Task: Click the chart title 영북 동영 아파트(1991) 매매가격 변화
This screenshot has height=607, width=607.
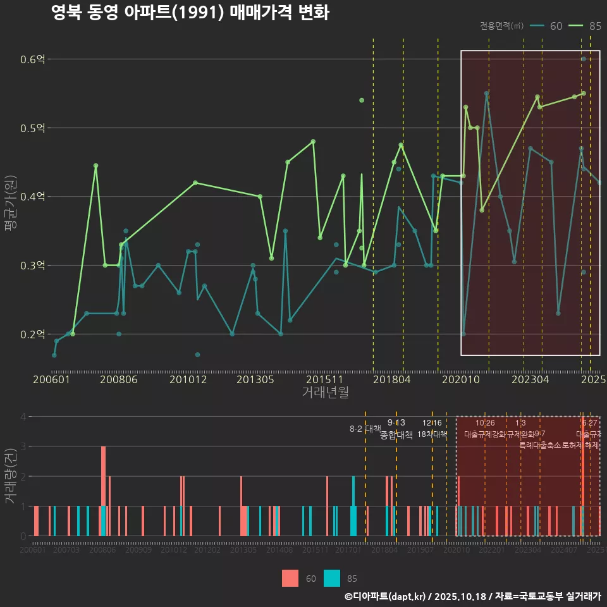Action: pos(190,13)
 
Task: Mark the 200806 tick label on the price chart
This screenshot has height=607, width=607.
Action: pos(116,379)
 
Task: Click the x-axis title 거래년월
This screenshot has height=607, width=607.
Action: pos(325,393)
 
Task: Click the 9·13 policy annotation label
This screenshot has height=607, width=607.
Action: pos(396,423)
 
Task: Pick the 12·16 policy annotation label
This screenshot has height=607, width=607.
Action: pos(432,423)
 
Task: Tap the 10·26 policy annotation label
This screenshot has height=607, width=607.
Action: pos(485,423)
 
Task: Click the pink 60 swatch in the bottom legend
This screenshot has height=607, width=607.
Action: pos(290,578)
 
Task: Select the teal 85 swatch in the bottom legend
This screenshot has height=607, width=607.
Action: pos(332,578)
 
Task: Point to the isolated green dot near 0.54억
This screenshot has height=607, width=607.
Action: pos(362,100)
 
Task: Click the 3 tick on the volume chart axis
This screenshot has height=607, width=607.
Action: pos(23,446)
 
